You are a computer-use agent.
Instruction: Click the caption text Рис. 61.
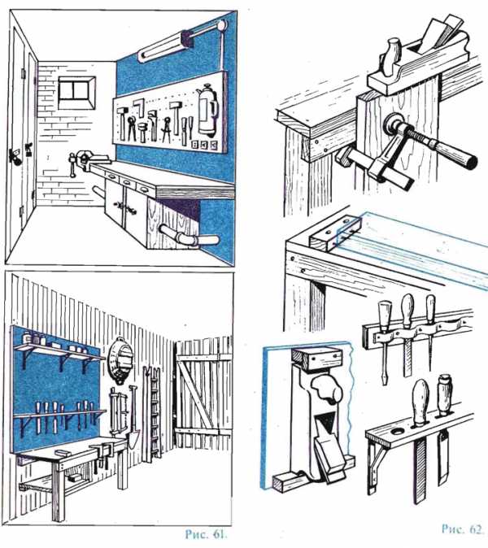(207, 534)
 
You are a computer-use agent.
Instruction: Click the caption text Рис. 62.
(462, 528)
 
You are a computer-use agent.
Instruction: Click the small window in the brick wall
(76, 93)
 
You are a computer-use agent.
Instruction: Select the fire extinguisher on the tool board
(207, 110)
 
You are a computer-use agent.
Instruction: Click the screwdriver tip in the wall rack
(385, 381)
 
